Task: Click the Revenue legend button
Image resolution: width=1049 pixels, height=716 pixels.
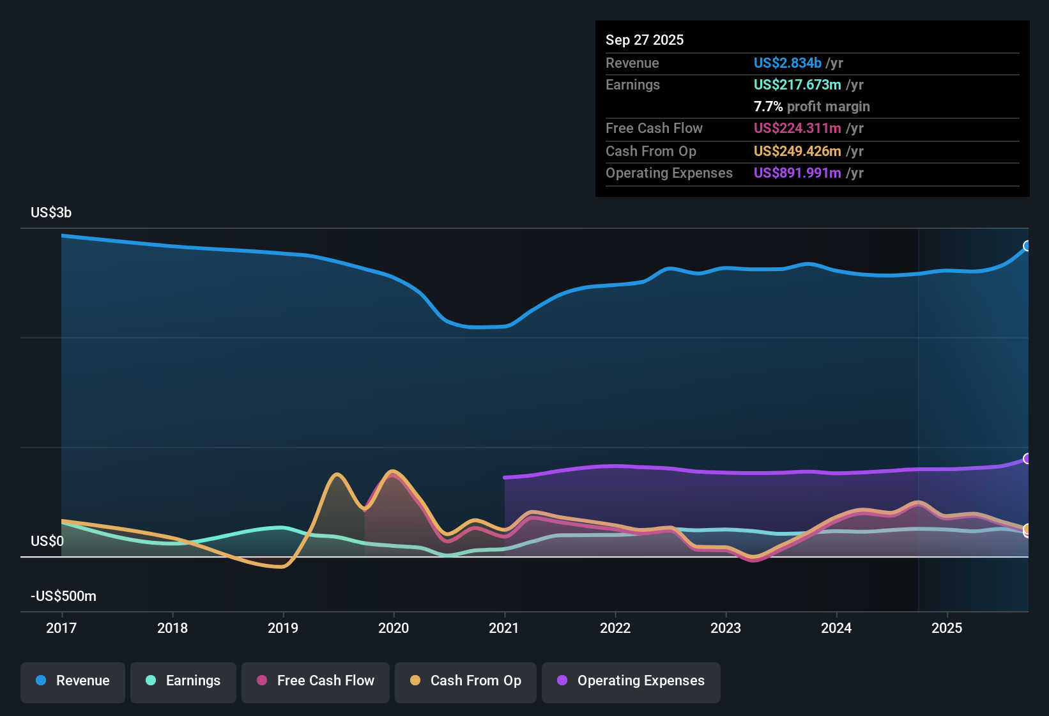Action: coord(73,681)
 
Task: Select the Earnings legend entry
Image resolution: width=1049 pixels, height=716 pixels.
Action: coord(183,681)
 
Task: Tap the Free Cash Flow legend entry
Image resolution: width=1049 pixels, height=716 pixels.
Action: coord(316,681)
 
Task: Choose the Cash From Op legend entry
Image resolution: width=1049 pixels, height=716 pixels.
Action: coord(466,681)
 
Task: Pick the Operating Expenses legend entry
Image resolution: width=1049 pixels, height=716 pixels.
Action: coord(631,681)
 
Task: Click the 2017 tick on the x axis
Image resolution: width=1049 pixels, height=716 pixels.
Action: coord(61,628)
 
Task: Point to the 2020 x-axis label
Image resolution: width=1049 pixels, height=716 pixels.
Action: coord(394,628)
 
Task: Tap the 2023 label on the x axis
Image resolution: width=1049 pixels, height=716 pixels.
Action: coord(726,628)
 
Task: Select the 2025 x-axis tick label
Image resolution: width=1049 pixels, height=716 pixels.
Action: coord(947,628)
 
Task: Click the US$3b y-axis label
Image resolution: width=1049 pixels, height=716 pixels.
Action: coord(51,212)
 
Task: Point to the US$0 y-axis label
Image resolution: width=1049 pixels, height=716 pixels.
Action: coord(47,541)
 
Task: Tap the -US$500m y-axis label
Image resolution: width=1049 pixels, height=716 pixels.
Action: coord(63,596)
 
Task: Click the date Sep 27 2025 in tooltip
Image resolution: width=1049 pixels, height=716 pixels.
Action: coord(645,40)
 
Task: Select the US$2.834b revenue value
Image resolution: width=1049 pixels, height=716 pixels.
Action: coord(787,63)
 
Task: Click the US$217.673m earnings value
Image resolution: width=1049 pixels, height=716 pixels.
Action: coord(797,84)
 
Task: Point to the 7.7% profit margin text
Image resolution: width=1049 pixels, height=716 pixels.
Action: coord(811,106)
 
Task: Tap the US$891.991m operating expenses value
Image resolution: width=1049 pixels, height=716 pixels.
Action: coord(797,173)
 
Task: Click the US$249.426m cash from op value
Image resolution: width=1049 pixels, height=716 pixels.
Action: coord(797,151)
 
